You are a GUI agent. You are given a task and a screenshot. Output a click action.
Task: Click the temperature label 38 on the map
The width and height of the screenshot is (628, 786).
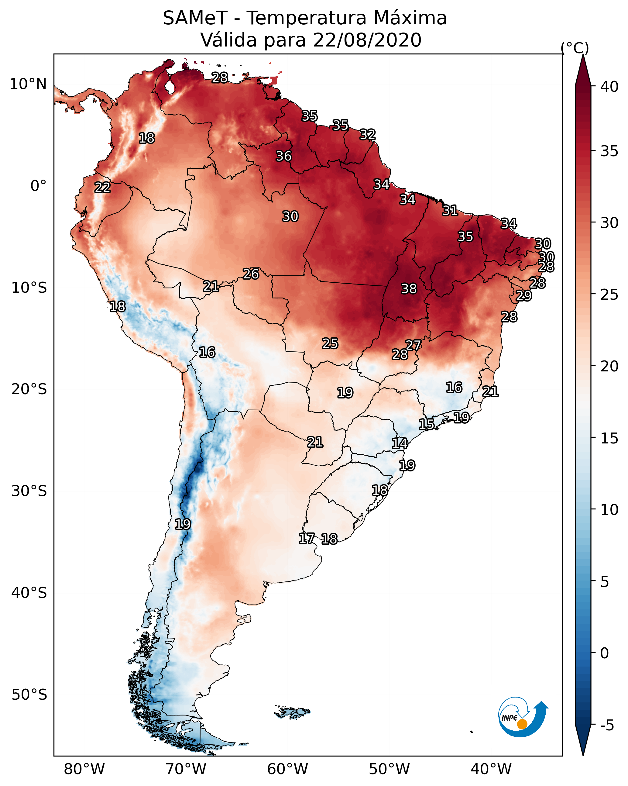pos(409,289)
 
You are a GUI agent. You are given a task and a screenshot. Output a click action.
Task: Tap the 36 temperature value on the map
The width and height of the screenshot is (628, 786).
pos(283,156)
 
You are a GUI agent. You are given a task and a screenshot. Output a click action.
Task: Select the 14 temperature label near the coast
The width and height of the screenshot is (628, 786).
pos(400,443)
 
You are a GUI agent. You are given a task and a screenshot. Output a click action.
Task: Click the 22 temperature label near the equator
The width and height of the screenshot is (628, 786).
pos(102,188)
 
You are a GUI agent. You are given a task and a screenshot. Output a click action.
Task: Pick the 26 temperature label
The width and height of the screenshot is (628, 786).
pos(251,274)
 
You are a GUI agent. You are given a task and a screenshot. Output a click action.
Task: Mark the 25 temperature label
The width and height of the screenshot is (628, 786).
pos(330,343)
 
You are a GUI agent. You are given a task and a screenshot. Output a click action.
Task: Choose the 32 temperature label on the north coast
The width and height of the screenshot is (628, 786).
pos(367,135)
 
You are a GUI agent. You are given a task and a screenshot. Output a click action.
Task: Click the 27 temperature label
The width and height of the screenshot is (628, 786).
pos(413,345)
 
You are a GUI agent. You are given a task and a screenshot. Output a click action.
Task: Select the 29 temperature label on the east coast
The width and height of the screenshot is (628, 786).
pos(524,295)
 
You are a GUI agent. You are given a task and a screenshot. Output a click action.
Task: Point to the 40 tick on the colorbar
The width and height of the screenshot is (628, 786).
pos(609,87)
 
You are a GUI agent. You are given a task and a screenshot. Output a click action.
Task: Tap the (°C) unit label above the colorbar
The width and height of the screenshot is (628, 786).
pos(575,48)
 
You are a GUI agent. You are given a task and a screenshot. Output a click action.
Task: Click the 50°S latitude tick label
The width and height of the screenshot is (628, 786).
pos(29,695)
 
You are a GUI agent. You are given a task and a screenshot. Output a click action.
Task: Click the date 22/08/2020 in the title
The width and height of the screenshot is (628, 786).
pos(367,40)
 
